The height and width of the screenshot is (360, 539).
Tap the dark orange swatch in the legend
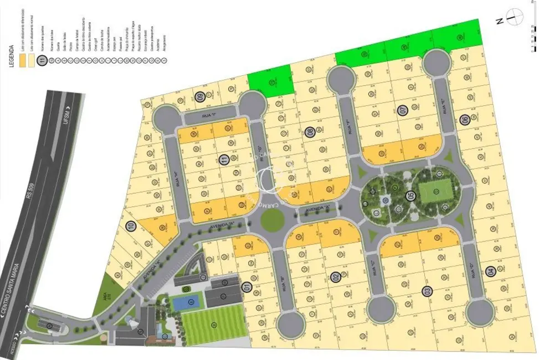(22, 62)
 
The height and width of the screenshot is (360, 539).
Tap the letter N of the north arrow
(498, 22)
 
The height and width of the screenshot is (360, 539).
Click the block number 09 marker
(199, 97)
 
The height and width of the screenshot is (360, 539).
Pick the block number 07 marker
(403, 110)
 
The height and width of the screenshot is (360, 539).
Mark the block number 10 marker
(131, 226)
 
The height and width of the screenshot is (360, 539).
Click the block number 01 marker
(247, 286)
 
